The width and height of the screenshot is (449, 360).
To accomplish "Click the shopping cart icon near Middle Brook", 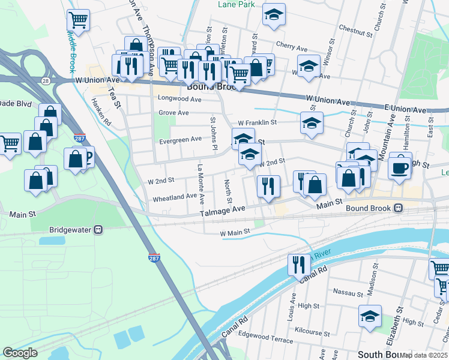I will click(x=78, y=20).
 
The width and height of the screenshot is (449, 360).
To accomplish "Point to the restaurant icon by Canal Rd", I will click(x=298, y=263).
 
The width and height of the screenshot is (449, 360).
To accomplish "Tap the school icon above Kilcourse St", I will click(x=370, y=316).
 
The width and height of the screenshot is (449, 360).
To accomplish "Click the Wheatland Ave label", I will click(x=174, y=196).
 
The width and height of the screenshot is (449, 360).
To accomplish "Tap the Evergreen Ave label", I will click(x=180, y=139).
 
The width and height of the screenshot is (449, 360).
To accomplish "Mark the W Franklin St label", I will click(x=256, y=122).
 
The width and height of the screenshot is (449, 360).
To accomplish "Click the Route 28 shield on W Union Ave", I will click(x=46, y=80).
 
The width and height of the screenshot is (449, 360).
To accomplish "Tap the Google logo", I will click(x=20, y=353).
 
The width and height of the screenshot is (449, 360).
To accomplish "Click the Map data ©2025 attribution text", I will click(x=424, y=356).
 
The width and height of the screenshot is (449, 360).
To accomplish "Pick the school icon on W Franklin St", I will click(x=311, y=123).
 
